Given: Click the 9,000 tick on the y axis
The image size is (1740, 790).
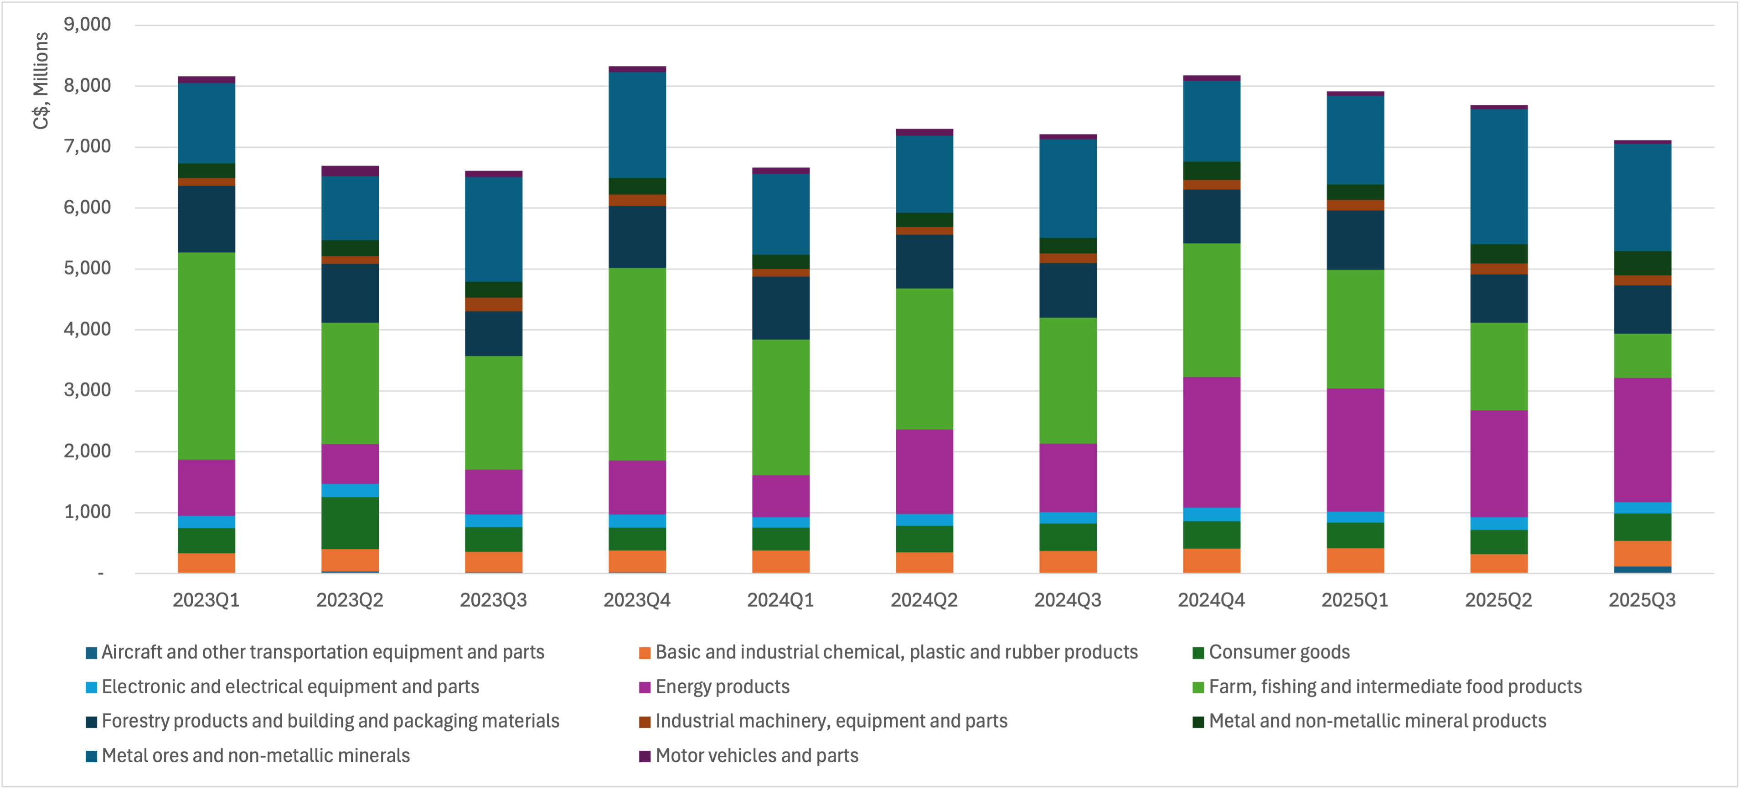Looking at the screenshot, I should (87, 24).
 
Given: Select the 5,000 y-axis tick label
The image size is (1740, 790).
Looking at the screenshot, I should (87, 268).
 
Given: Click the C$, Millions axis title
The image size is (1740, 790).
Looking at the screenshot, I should (41, 80).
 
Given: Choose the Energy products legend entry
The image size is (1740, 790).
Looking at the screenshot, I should (722, 686).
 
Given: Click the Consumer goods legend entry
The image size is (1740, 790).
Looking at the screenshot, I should (1279, 652).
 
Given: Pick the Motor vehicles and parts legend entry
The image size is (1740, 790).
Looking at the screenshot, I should (757, 755).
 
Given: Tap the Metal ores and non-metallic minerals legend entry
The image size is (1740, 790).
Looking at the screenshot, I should (255, 755).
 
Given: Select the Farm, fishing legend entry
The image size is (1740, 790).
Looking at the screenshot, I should (1395, 686).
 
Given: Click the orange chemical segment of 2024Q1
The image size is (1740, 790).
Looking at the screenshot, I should (781, 561).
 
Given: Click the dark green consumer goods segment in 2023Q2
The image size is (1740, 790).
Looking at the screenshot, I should (350, 522).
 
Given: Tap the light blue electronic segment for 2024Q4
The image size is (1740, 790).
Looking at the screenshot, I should (1212, 515).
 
